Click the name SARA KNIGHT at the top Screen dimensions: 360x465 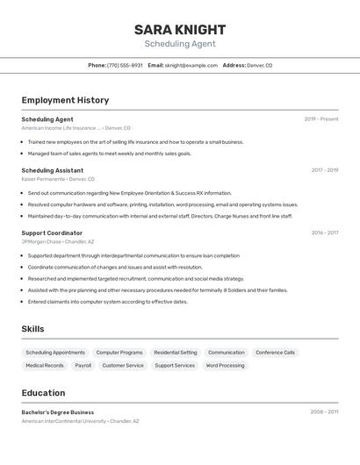pos(180,30)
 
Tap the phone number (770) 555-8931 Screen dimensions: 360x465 pos(125,65)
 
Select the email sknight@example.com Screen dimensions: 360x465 pos(191,65)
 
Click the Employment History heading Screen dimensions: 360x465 pos(65,100)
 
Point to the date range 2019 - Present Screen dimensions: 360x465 pos(321,119)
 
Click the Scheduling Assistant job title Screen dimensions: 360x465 pos(53,170)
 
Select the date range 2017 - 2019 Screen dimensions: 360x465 pos(324,170)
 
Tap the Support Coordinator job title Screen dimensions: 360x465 pos(52,233)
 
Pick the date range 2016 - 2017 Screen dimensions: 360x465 pos(324,233)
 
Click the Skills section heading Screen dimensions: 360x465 pos(33,329)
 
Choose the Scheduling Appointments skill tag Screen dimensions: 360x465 pos(55,353)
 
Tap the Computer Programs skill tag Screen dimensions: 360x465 pos(119,353)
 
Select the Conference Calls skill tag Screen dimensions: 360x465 pos(275,353)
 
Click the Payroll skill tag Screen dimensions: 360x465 pos(83,366)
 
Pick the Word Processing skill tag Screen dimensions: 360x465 pos(225,366)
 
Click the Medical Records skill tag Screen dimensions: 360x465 pos(45,366)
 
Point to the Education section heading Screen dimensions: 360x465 pos(43,393)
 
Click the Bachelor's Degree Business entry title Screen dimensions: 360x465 pos(58,412)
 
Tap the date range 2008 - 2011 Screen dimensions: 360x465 pos(324,411)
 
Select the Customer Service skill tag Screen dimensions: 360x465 pos(123,366)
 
